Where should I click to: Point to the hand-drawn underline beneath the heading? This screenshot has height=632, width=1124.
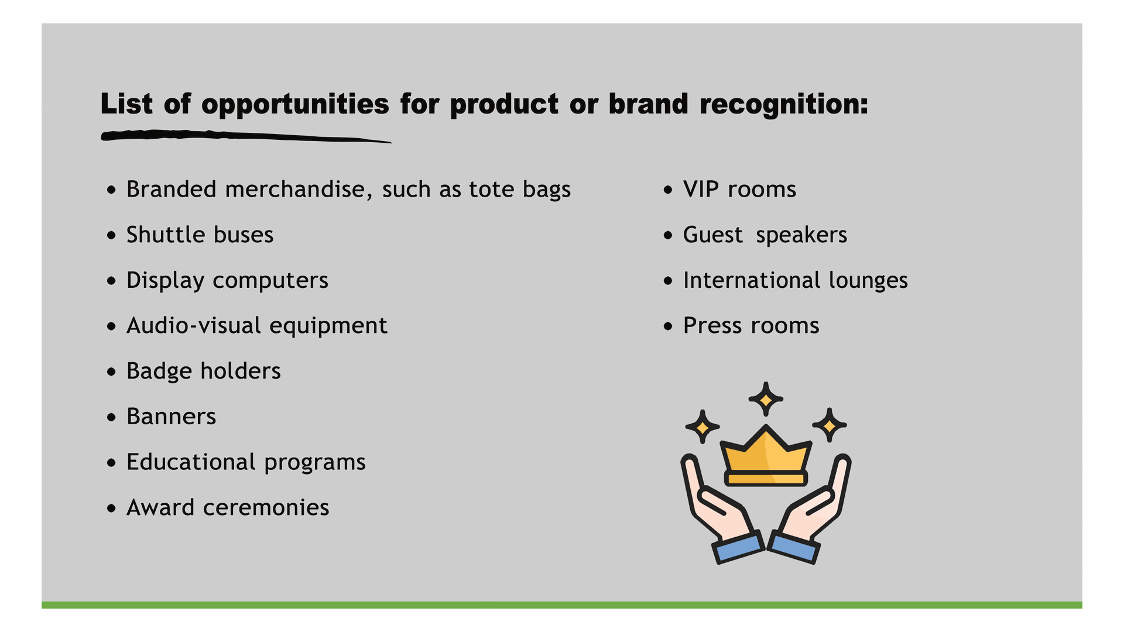pos(246,136)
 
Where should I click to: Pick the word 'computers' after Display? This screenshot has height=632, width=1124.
pos(270,281)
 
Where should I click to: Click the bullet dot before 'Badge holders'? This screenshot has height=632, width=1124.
pos(112,372)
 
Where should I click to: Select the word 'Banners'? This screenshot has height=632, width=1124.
pos(172,417)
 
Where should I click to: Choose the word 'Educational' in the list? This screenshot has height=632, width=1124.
pos(191,462)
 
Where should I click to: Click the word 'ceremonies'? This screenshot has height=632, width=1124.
pos(266,508)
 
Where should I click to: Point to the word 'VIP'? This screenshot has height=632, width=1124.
pos(701,190)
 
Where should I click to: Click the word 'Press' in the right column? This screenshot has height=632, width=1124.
pos(711,325)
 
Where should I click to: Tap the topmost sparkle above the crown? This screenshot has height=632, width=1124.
pos(766,399)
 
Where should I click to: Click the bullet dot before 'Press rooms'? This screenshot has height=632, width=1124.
pos(669,326)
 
